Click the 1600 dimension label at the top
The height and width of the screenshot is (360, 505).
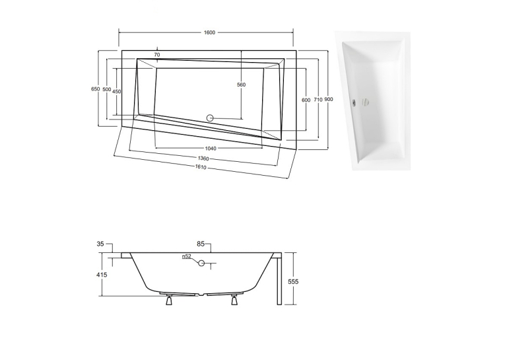pos(209,32)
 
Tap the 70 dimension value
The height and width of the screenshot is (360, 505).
pos(157,55)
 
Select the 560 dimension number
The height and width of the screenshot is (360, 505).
pos(241,85)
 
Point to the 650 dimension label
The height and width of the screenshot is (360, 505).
pos(95,89)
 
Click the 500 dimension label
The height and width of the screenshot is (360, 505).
pos(106,89)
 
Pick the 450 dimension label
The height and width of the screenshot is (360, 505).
pos(117,92)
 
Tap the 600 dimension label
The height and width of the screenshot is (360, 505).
pos(306,100)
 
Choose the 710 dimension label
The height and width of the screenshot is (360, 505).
pos(318,100)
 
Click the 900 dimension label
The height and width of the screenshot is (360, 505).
pos(329,99)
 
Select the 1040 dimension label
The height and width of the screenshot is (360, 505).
pos(211,148)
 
